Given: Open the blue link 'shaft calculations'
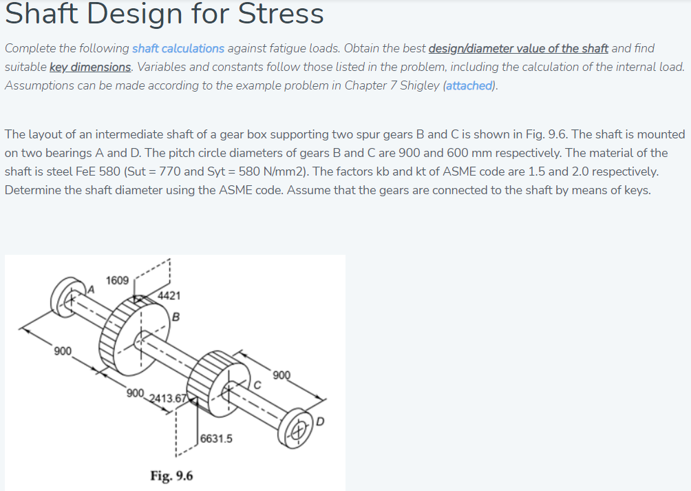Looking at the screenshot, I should (178, 48).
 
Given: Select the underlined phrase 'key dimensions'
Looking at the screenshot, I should (90, 67).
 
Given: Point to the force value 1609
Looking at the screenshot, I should (117, 280).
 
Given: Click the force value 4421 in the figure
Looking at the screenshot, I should (169, 296).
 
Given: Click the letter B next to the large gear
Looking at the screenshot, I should (176, 317).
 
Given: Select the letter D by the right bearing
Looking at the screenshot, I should (319, 421).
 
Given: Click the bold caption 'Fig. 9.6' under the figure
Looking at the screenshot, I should (171, 475).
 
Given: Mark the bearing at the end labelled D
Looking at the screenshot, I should (299, 424).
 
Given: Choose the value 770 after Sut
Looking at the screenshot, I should (172, 171).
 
